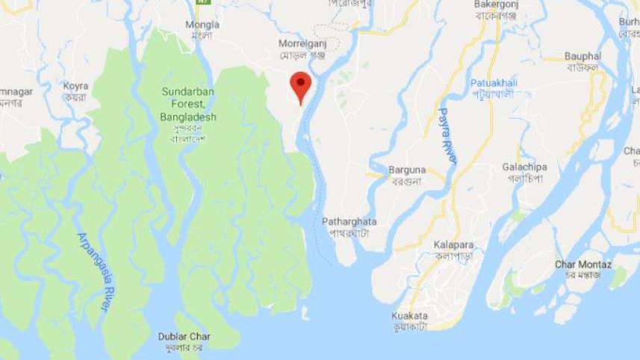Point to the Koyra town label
tap(75, 86)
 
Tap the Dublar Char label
tap(183, 336)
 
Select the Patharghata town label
tap(349, 222)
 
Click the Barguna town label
tap(406, 170)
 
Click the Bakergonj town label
tap(495, 4)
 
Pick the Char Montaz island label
tap(582, 265)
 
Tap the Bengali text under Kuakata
tap(410, 327)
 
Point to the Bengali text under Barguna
tap(406, 181)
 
